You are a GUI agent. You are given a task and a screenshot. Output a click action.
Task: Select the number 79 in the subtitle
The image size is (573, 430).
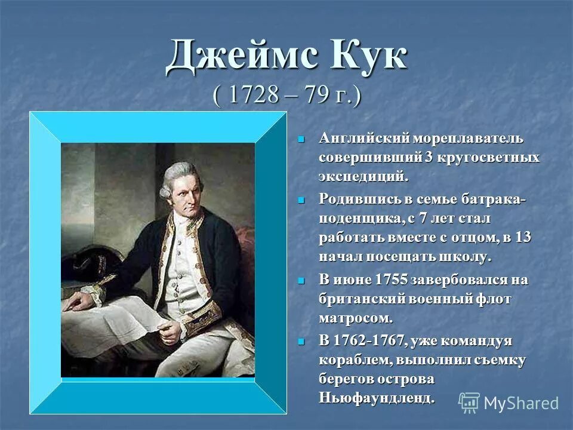(313, 96)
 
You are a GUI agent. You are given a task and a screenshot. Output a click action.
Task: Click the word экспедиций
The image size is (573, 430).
(363, 177)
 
